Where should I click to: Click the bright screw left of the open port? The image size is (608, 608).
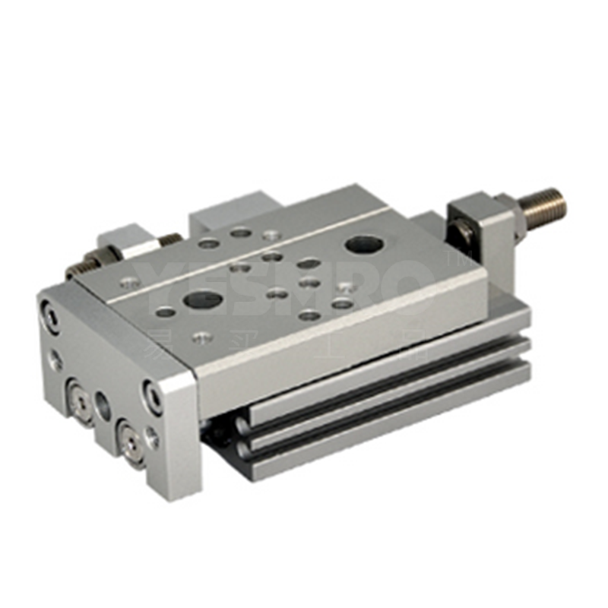[x=77, y=395]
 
